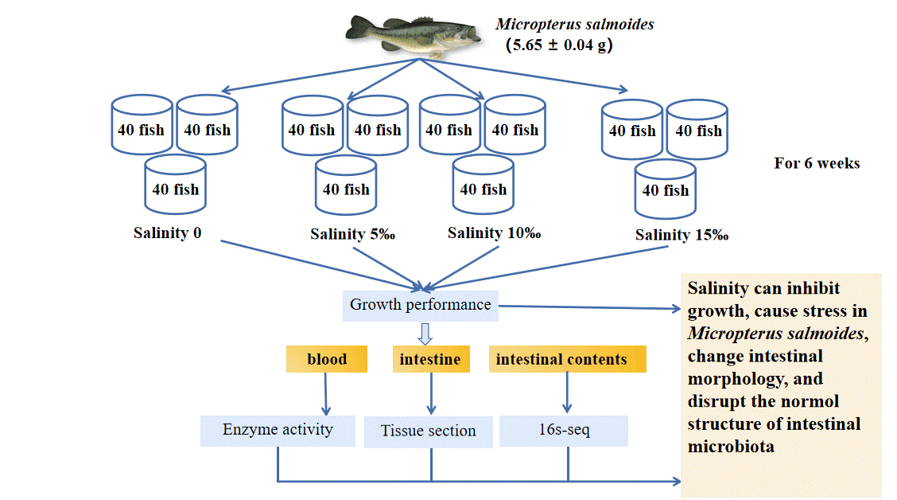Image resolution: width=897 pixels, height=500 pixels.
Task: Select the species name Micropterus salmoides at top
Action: click(574, 25)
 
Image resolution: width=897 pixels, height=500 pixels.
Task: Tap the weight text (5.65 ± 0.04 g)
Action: click(559, 45)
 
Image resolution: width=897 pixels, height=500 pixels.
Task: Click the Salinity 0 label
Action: click(173, 233)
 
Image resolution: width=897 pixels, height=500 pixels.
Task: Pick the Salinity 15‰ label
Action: click(682, 235)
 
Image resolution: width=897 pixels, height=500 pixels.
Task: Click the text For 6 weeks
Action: click(817, 163)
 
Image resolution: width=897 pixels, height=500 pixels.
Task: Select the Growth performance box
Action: click(421, 305)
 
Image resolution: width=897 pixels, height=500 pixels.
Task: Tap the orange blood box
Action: click(327, 359)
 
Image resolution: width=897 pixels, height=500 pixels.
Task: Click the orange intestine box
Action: click(430, 359)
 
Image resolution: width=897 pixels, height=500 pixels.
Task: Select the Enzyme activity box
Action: click(278, 430)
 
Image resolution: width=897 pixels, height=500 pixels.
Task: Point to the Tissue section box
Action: click(428, 432)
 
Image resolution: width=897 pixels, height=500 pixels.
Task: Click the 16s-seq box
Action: click(563, 431)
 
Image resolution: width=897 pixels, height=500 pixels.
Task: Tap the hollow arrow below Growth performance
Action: click(425, 334)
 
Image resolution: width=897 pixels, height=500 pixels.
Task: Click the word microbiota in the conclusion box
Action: click(731, 446)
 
